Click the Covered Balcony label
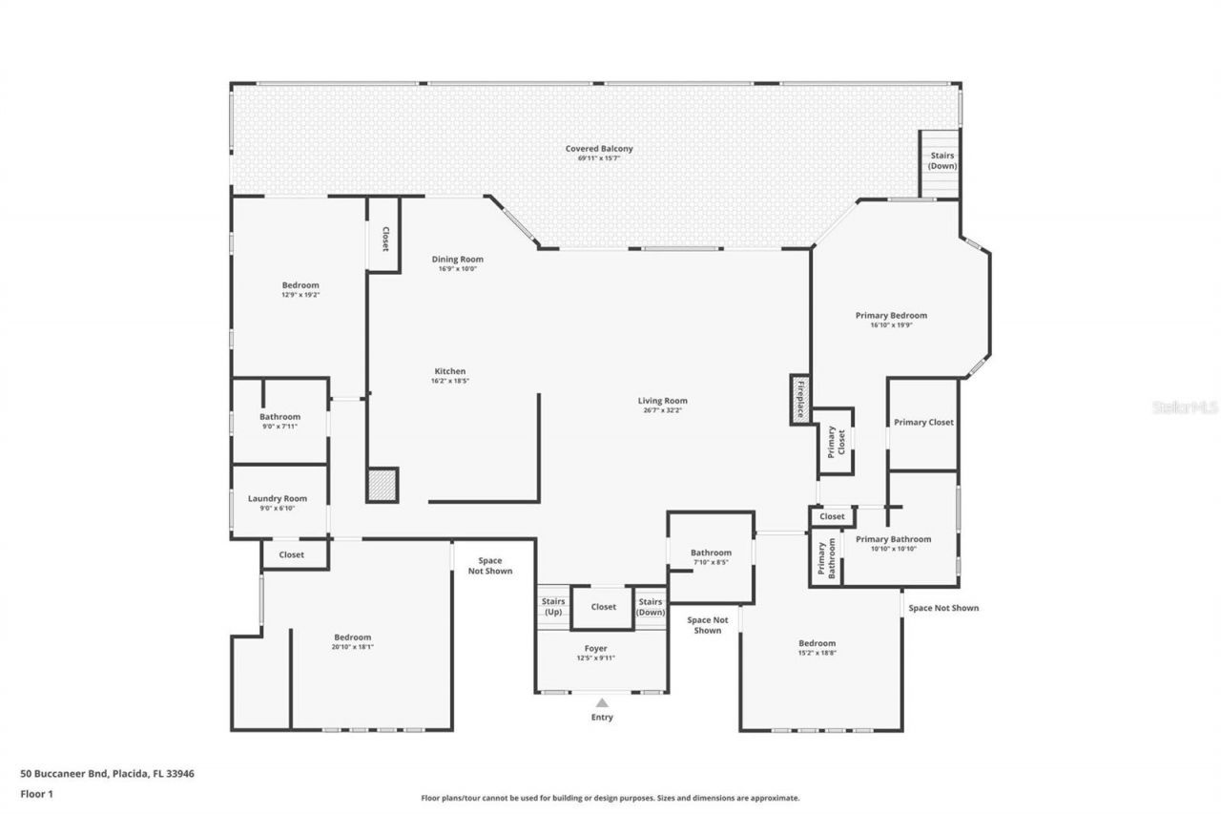tap(598, 149)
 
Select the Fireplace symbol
tap(799, 399)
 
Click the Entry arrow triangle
tap(602, 702)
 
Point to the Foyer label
tap(595, 649)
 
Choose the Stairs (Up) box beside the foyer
tap(553, 607)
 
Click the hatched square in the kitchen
tap(382, 485)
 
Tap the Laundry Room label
tap(278, 498)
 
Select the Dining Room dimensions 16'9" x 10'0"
tap(458, 269)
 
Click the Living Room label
tap(663, 401)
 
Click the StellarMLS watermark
tap(1186, 407)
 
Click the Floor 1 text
tap(36, 793)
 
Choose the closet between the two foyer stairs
tap(603, 607)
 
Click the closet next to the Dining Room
tap(384, 239)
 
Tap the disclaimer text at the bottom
tap(610, 798)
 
